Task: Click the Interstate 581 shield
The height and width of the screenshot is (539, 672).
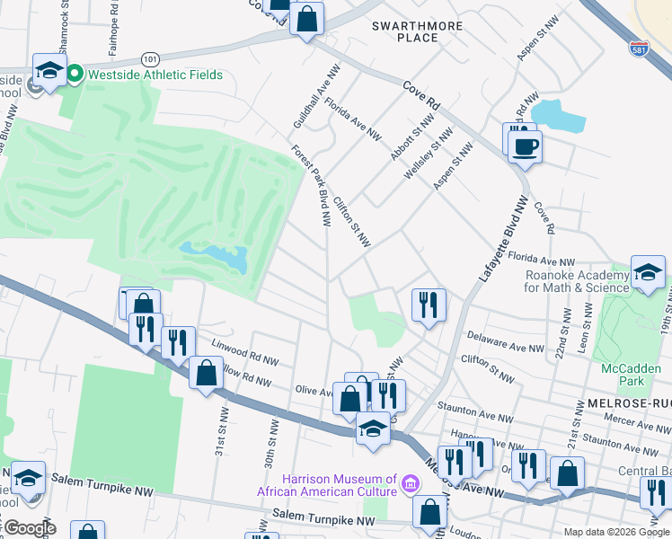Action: [639, 48]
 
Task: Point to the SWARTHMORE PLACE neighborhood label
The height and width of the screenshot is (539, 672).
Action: [418, 32]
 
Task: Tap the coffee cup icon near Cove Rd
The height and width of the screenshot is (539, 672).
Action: [525, 146]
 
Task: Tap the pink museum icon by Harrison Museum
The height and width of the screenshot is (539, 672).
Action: [410, 484]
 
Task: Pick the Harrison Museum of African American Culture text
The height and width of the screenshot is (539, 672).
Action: [327, 485]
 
